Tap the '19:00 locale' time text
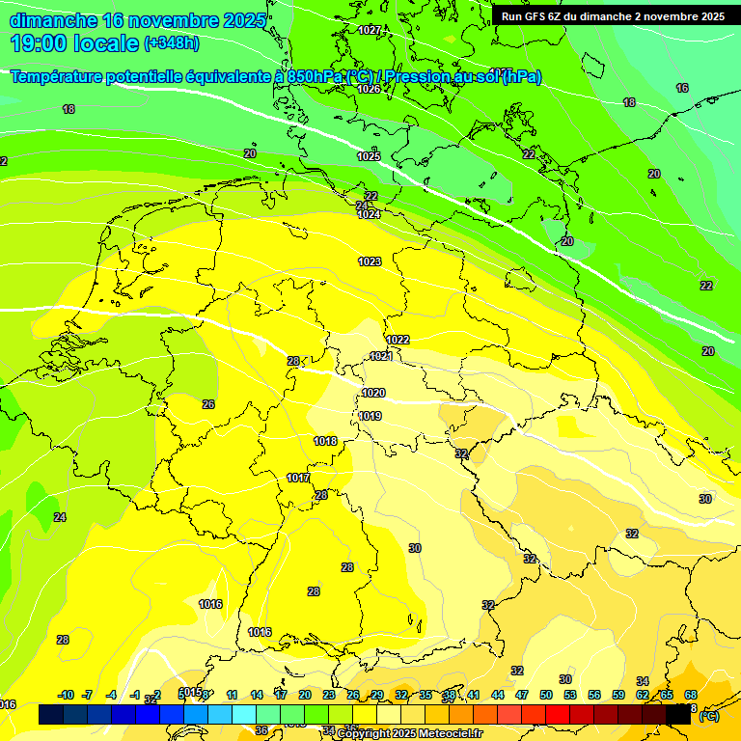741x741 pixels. tap(75, 44)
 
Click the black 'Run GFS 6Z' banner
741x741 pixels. tap(613, 16)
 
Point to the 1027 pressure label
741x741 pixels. tap(369, 30)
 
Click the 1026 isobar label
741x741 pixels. tap(369, 89)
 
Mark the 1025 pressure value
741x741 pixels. tap(369, 156)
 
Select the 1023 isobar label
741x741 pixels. tap(370, 261)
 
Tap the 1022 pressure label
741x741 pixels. tap(398, 340)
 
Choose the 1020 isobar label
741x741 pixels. tap(373, 393)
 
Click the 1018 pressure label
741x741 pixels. tap(325, 441)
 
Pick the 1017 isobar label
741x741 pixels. tap(298, 478)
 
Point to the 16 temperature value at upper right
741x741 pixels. tap(682, 88)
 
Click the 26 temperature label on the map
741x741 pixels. tap(208, 404)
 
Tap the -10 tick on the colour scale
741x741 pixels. tap(67, 695)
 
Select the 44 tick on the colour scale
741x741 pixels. tap(498, 695)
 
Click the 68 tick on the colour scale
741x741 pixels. tap(691, 695)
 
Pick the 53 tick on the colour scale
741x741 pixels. tap(570, 695)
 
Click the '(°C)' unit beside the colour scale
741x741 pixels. tap(708, 716)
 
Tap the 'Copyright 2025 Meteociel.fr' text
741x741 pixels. tap(409, 734)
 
